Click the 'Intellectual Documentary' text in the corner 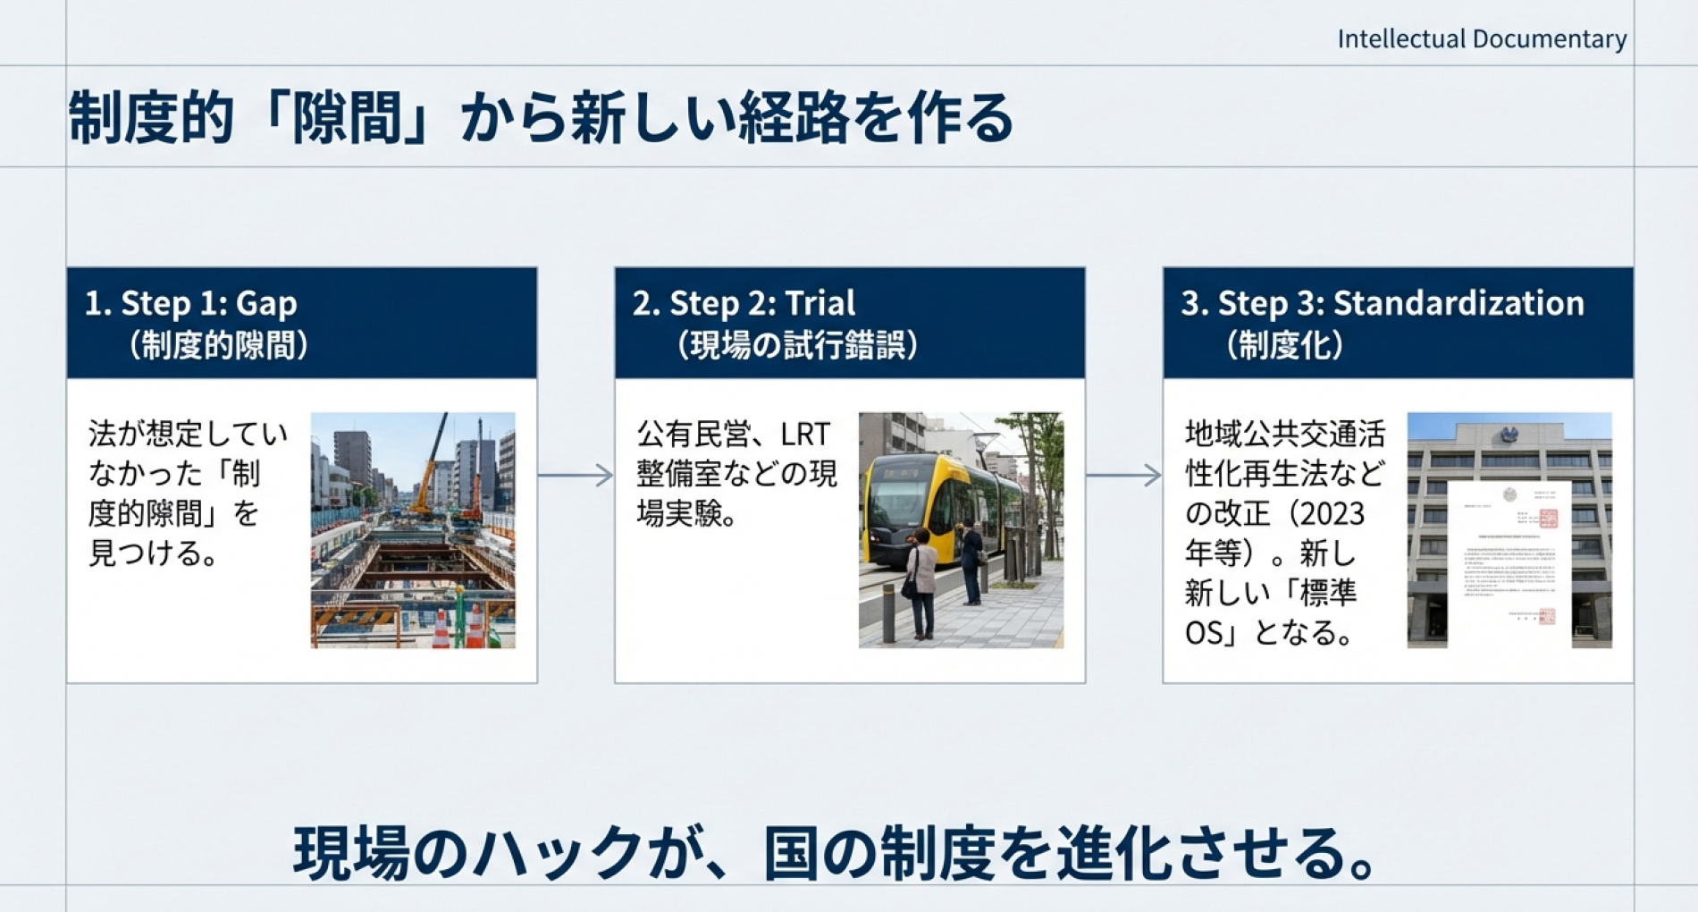[x=1481, y=39]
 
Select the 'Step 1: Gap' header [x=208, y=304]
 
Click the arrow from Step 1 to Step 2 [x=576, y=476]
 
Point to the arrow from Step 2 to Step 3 [x=1123, y=476]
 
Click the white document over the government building [x=1509, y=563]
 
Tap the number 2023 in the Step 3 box [x=1328, y=514]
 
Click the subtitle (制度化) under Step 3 [x=1285, y=346]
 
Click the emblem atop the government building [x=1509, y=435]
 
